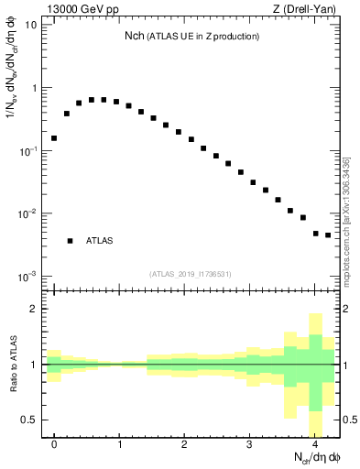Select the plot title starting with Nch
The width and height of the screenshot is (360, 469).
point(191,37)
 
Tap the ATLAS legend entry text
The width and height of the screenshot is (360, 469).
point(100,241)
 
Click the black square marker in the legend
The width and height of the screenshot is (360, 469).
point(70,241)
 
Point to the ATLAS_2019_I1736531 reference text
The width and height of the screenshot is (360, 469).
point(191,273)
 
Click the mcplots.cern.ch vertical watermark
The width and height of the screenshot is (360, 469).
point(346,220)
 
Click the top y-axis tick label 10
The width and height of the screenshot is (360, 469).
point(30,25)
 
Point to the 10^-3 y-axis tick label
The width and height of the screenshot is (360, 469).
point(27,276)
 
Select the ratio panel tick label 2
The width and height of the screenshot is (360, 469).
point(33,310)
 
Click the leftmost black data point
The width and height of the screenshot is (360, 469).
point(54,138)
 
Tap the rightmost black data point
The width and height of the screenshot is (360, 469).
point(327,235)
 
